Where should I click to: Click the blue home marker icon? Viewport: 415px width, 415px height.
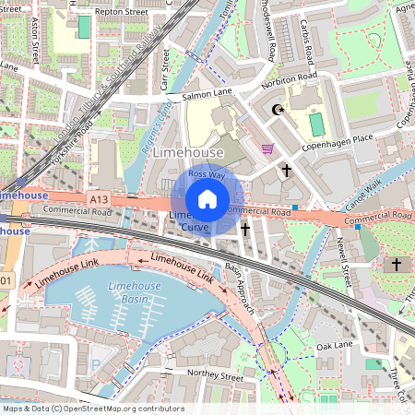coord(207,198)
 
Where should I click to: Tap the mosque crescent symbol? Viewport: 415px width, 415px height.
coord(277,111)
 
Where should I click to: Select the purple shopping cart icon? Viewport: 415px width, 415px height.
coord(267,148)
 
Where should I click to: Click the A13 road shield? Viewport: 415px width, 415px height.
coord(100,198)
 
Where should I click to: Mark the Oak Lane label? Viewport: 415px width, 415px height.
coord(335,346)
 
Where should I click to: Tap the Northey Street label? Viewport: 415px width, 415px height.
coord(214,377)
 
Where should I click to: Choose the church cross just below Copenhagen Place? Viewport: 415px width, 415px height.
coord(287,171)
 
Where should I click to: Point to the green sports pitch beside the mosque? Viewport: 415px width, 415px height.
coord(317,123)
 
